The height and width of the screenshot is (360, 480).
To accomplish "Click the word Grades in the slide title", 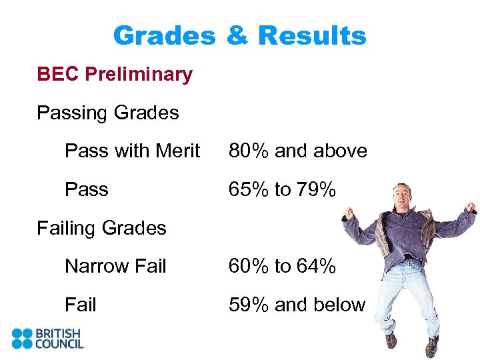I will [x=164, y=36].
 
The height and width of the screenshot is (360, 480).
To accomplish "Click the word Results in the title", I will [x=312, y=36].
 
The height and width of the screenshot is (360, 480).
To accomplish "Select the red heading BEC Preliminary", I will [x=115, y=74].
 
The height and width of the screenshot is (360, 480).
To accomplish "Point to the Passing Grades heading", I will [x=108, y=113].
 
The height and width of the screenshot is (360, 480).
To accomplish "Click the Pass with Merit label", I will [x=132, y=151].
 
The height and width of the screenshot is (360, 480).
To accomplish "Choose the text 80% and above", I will [x=297, y=151].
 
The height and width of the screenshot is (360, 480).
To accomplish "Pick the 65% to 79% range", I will [x=282, y=190].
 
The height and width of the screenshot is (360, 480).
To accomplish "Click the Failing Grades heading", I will [x=101, y=228].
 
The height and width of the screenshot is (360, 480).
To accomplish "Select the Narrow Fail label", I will [x=115, y=267].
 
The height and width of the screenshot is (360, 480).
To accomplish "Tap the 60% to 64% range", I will [x=282, y=267].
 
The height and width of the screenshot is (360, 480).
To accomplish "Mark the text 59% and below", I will [x=297, y=305].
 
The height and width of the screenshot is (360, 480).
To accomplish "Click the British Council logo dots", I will [x=22, y=338].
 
